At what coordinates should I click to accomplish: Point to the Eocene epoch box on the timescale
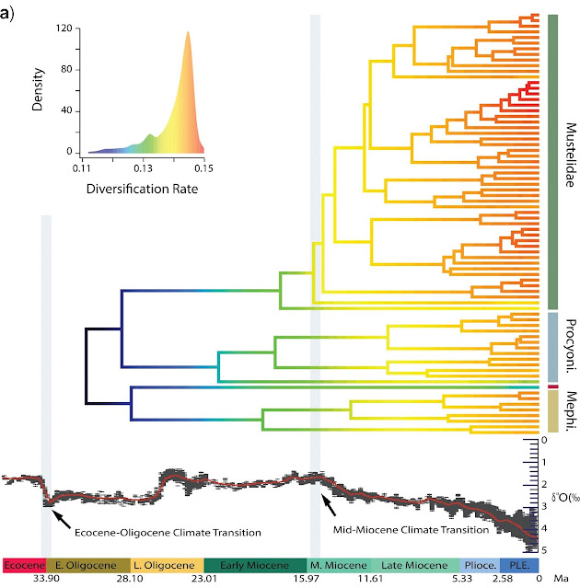21,564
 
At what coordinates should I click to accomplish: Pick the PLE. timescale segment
520,564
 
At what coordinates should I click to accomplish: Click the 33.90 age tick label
45,581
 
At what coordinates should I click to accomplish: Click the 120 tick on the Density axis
63,28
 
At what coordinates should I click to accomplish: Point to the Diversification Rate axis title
142,190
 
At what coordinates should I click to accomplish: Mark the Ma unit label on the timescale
562,581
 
